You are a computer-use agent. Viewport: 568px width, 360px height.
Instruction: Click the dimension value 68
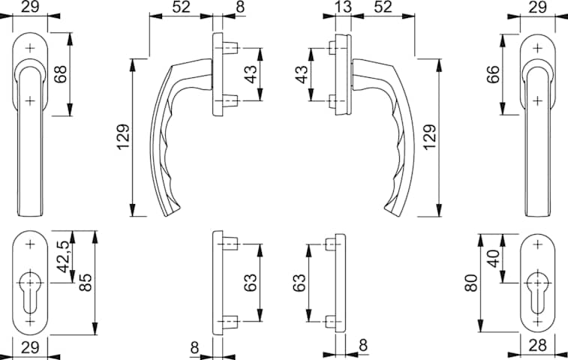tap(59, 75)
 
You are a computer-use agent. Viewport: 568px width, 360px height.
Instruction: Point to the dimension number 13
tap(342, 7)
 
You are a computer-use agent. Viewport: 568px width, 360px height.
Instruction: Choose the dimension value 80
tap(470, 283)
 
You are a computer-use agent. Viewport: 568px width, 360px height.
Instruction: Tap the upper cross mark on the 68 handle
tap(30, 48)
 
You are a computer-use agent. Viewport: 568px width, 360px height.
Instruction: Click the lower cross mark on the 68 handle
tap(30, 100)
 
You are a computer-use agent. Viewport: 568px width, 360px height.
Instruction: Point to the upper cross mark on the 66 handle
tap(537, 48)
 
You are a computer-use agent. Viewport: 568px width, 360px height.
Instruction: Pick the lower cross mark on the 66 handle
tap(537, 98)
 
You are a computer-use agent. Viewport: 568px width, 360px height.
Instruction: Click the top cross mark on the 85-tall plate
tap(30, 244)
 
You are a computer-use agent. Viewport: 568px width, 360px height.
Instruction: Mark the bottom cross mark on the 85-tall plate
tap(30, 322)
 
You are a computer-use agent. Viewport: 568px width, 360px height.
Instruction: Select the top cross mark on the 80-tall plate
tap(536, 244)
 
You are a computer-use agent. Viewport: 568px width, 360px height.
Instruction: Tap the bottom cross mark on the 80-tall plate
tap(536, 322)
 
